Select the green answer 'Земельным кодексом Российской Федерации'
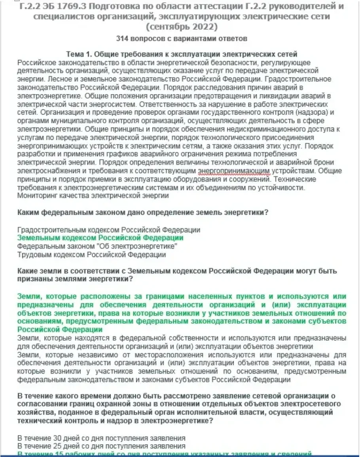[x=100, y=238]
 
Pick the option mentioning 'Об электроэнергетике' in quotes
[x=97, y=247]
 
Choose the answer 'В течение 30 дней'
[x=102, y=438]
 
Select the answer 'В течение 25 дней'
[x=102, y=446]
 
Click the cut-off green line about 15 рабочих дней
[x=166, y=454]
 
